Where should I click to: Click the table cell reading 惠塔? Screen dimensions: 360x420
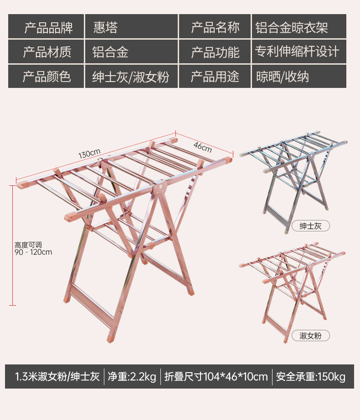[131, 27]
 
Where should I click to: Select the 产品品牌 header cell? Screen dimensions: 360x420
[46, 27]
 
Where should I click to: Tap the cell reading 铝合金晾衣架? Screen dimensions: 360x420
[298, 27]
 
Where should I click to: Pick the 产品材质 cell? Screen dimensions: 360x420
[46, 52]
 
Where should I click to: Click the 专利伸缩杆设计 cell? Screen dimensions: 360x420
[298, 52]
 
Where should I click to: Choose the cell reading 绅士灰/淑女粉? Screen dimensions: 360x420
[131, 77]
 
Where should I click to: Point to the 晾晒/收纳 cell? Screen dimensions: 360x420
[298, 77]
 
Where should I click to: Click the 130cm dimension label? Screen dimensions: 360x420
[89, 154]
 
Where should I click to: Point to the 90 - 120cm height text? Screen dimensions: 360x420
[33, 252]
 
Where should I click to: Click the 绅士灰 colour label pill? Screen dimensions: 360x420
[310, 225]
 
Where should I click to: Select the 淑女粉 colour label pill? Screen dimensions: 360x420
[310, 336]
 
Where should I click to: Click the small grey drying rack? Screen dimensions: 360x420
[293, 178]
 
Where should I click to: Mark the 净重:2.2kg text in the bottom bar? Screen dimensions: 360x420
[132, 377]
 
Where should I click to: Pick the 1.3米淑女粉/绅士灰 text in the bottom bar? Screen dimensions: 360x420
[57, 377]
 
